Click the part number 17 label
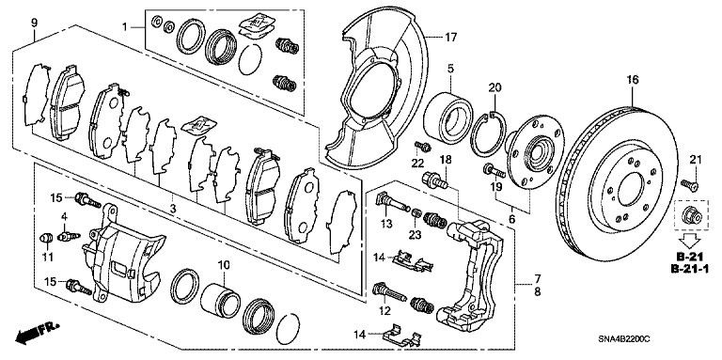[x=451, y=37]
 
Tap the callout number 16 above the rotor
[x=633, y=80]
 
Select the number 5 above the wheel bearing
[x=450, y=69]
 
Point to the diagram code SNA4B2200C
[x=624, y=339]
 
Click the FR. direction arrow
[x=37, y=334]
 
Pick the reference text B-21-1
[x=689, y=269]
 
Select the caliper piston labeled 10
[x=220, y=302]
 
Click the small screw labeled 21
[x=690, y=185]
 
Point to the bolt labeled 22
[x=422, y=148]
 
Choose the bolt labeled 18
[x=434, y=180]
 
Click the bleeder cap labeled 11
[x=45, y=238]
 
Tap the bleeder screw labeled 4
[x=69, y=236]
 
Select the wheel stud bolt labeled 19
[x=494, y=171]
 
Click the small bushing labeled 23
[x=416, y=212]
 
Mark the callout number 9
[x=34, y=22]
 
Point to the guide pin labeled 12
[x=388, y=292]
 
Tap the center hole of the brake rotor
[x=631, y=189]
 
